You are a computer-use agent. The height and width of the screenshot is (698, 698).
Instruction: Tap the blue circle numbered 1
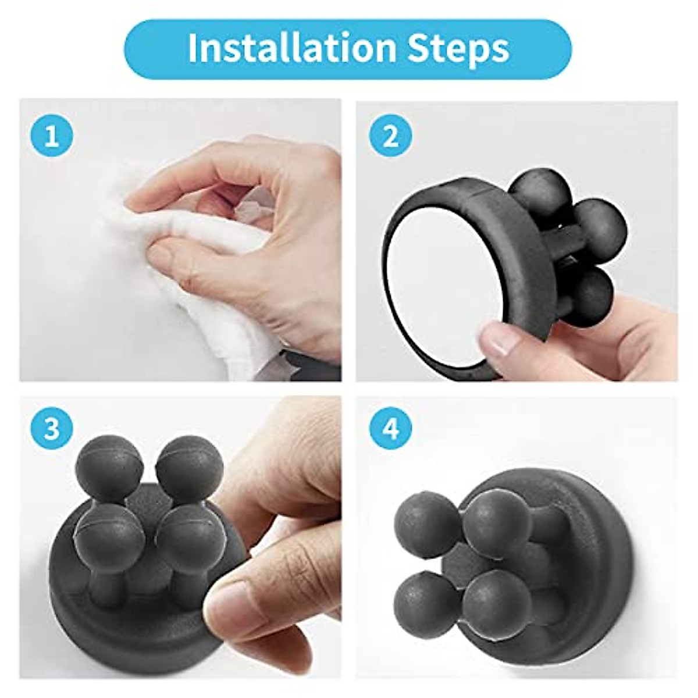pyautogui.click(x=52, y=137)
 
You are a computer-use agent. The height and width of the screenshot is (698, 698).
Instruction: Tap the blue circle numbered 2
pyautogui.click(x=390, y=137)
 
